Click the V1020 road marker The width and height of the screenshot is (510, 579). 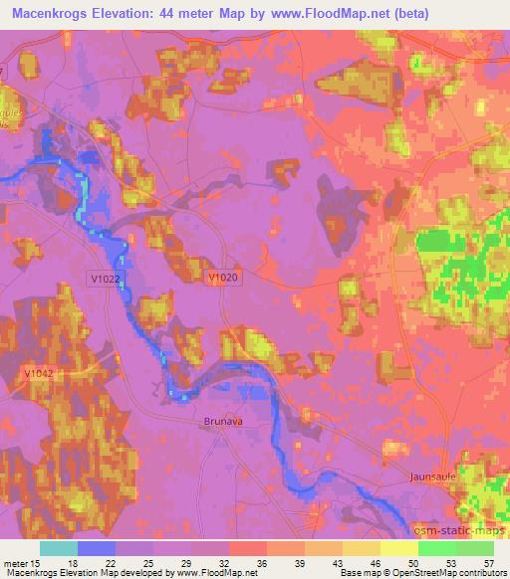[223, 281]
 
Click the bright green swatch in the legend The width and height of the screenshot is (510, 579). [436, 548]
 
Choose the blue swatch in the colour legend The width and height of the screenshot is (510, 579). [97, 548]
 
